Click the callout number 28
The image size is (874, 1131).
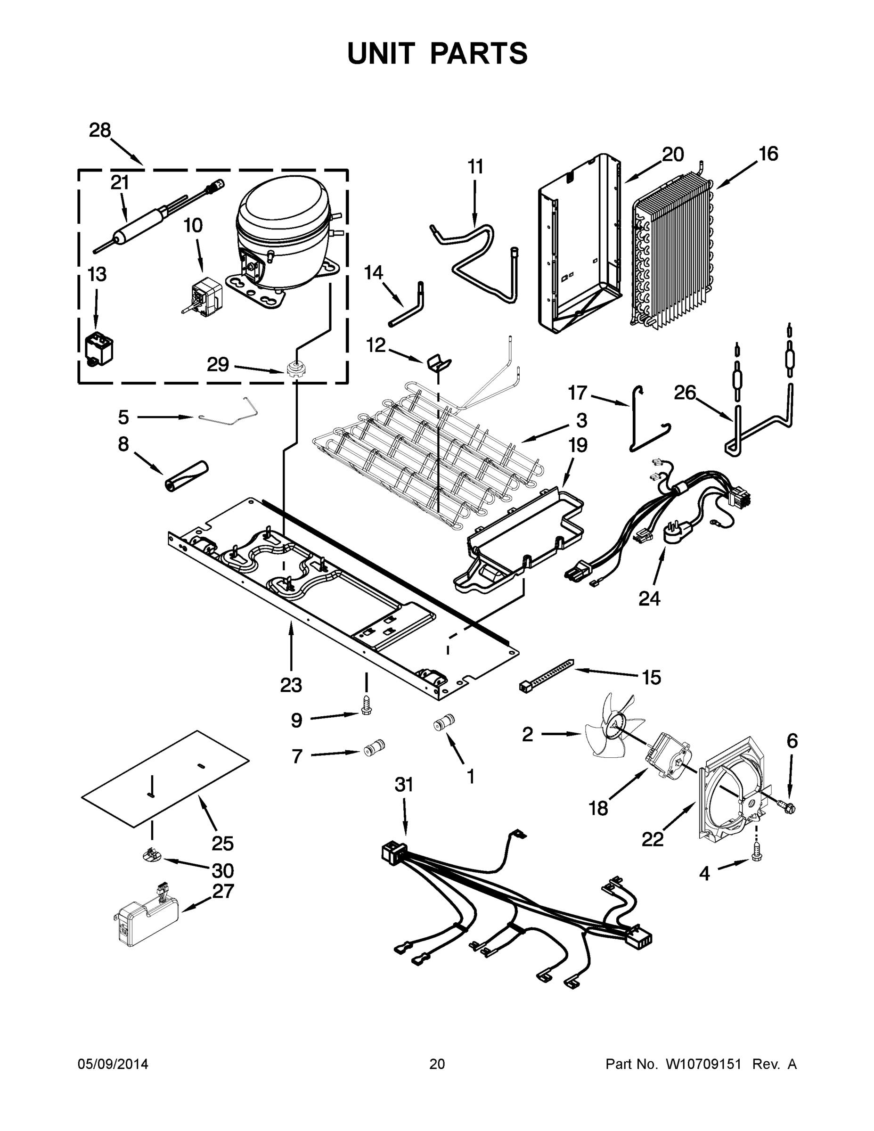click(99, 130)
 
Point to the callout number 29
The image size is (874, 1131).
click(218, 365)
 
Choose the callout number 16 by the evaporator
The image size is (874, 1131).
click(768, 154)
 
